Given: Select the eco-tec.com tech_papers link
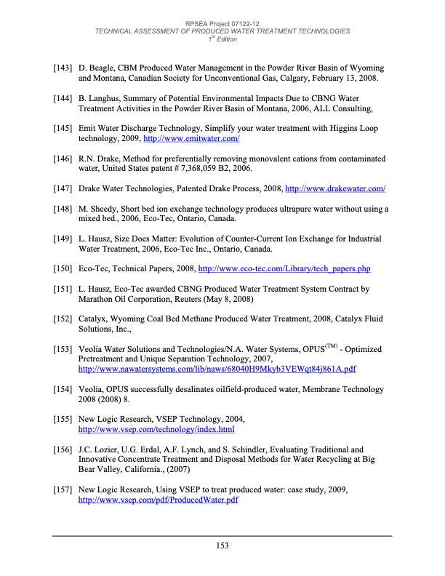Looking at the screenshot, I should (284, 270).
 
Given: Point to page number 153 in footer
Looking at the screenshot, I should (222, 546).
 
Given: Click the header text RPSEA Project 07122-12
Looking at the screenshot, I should (222, 24).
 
